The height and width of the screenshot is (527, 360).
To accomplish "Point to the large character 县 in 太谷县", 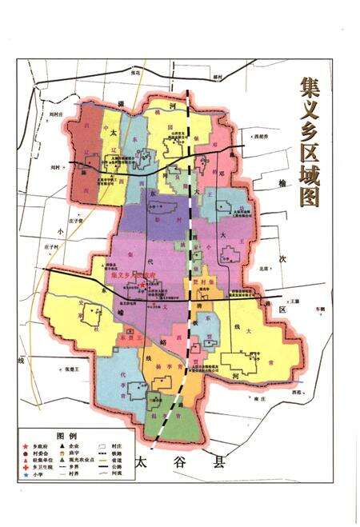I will (x=217, y=461).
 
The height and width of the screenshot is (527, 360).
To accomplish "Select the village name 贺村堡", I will (x=202, y=282).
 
